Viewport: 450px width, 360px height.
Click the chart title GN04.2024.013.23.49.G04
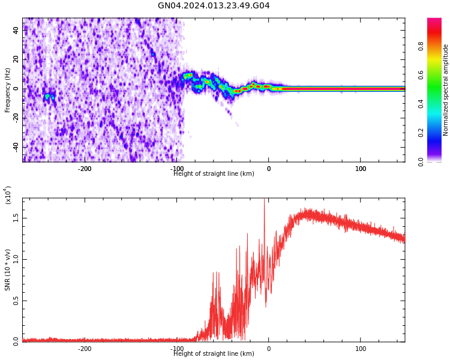[x=214, y=6]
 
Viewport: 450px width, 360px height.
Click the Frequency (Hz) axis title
[x=8, y=90]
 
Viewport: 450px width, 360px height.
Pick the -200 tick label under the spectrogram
[x=85, y=169]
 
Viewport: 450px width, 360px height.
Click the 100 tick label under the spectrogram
[x=361, y=169]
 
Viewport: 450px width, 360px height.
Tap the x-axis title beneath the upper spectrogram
[x=214, y=174]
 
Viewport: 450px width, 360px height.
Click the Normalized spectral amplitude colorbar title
[x=446, y=90]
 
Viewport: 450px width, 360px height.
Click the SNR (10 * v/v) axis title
[x=8, y=270]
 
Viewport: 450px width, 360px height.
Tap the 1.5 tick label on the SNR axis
[x=16, y=218]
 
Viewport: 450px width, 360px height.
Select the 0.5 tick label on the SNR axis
[x=16, y=301]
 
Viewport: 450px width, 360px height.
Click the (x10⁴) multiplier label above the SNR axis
[x=8, y=195]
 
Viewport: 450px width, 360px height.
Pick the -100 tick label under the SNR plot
[x=177, y=349]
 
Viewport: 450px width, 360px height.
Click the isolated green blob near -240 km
[x=47, y=96]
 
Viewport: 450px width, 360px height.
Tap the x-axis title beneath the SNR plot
[x=214, y=354]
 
